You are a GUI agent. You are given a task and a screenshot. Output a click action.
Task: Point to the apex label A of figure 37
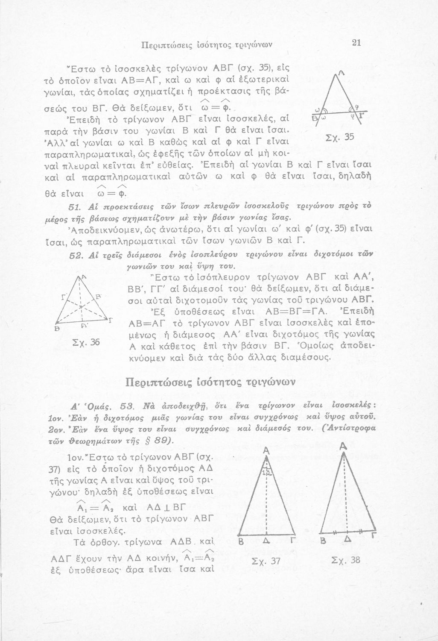(x=266, y=451)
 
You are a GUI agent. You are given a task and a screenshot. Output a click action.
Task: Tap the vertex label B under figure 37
(x=240, y=542)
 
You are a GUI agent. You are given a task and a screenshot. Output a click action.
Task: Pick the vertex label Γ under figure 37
(x=292, y=541)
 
